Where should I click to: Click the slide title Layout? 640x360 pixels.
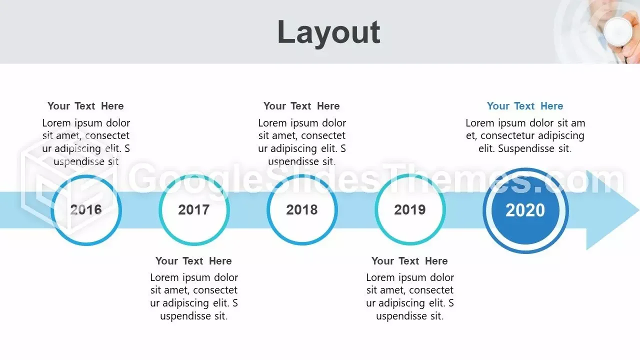[328, 32]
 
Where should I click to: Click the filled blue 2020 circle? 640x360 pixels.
[525, 210]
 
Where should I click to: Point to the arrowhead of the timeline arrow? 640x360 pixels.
[612, 210]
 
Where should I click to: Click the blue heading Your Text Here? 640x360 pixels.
[525, 106]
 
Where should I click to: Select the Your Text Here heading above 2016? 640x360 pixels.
[85, 106]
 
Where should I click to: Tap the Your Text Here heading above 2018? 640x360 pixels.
[301, 106]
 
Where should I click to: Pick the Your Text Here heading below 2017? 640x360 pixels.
[193, 261]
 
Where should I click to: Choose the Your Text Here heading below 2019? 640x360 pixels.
[409, 261]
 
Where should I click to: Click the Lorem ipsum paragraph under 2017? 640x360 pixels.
[194, 296]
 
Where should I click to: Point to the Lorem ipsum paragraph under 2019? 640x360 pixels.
[410, 296]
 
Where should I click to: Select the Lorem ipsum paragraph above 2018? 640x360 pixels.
[302, 142]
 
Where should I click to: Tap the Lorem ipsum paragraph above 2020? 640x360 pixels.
[525, 135]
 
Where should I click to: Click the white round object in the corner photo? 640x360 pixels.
[617, 32]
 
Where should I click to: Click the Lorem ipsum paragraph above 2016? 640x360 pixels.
[86, 142]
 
